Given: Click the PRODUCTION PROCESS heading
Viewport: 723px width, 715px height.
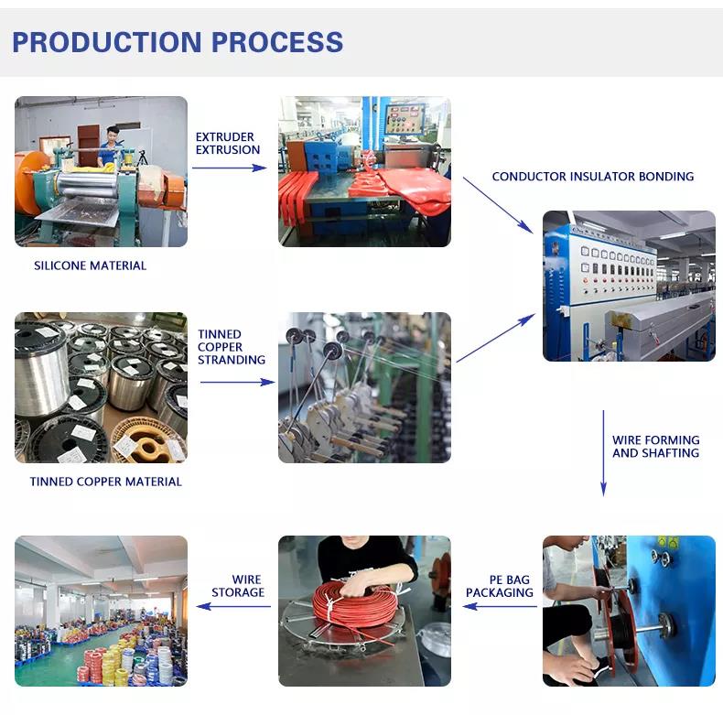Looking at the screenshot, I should click(178, 42).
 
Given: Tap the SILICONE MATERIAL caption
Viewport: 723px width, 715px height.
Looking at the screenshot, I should click(90, 265).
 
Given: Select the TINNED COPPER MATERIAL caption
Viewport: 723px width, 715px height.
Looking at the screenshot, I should click(105, 482).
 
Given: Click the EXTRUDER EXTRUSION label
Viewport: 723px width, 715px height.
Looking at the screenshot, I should click(228, 143).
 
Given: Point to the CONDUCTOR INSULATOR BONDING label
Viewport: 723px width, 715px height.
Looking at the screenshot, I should click(592, 177).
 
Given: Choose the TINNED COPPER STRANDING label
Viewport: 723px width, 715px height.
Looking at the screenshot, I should click(232, 347).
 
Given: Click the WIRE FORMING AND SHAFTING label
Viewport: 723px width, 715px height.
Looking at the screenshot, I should click(655, 447).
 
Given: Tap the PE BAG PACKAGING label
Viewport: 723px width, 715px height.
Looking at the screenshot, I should click(500, 586).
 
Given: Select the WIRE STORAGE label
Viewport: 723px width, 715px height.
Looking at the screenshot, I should click(238, 586).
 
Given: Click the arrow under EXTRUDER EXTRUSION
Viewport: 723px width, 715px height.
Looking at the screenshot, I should click(229, 168).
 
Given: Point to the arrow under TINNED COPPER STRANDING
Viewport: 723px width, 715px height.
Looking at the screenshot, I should click(237, 382).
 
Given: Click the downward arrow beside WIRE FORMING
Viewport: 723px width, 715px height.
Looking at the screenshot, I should click(603, 453).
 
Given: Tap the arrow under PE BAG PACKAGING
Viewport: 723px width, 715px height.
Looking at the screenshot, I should click(499, 607).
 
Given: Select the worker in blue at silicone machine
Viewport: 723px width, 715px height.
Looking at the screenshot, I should click(112, 146).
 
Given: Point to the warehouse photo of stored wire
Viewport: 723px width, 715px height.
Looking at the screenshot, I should click(101, 611).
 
